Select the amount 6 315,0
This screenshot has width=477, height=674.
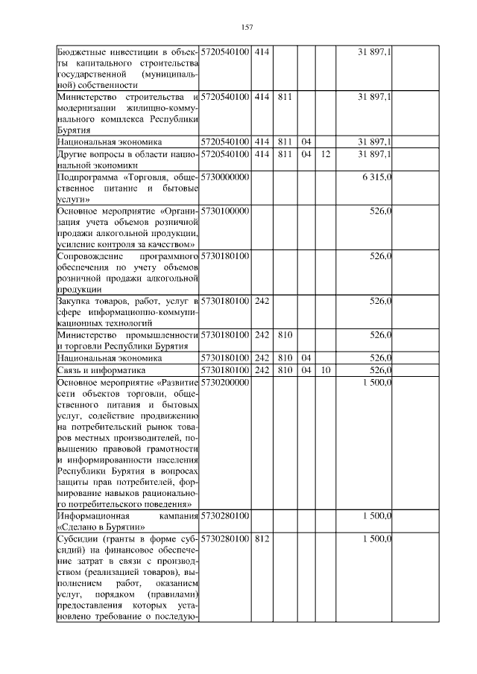pyautogui.click(x=378, y=178)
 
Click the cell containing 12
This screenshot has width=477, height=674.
pyautogui.click(x=326, y=154)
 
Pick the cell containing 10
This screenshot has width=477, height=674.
pyautogui.click(x=326, y=370)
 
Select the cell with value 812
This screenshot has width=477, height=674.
pyautogui.click(x=262, y=538)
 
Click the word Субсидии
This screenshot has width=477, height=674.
pyautogui.click(x=78, y=538)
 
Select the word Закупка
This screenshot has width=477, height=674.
pyautogui.click(x=75, y=301)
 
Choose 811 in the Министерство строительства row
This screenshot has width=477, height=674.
pyautogui.click(x=284, y=98)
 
